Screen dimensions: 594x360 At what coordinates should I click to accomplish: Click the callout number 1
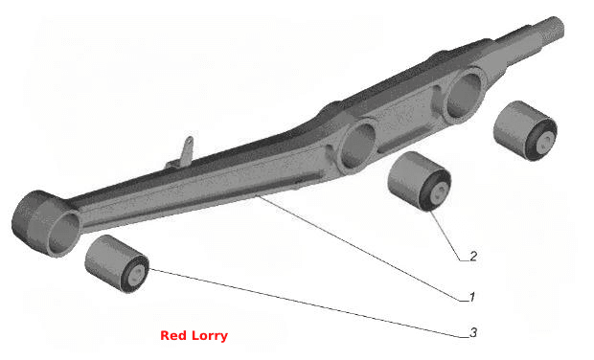coord(472,297)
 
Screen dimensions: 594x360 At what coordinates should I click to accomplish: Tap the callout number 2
coord(473,257)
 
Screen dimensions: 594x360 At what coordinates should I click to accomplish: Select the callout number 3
coord(473,333)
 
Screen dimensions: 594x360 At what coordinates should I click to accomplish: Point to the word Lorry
coord(210,336)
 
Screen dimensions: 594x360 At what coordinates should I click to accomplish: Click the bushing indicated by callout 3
coord(117,263)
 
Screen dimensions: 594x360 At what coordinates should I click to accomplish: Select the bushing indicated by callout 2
coord(420,181)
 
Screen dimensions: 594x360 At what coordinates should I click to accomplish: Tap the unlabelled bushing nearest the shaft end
coord(525,130)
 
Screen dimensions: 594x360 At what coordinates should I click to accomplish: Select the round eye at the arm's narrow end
coord(46,224)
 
